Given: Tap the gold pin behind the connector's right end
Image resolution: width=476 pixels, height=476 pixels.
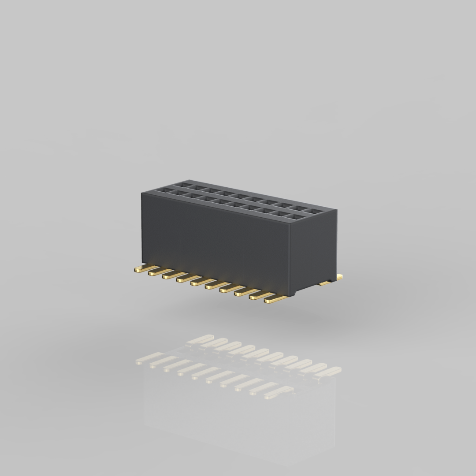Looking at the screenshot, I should tap(333, 279).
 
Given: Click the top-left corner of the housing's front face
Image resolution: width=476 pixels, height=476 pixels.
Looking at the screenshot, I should tap(142, 193).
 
